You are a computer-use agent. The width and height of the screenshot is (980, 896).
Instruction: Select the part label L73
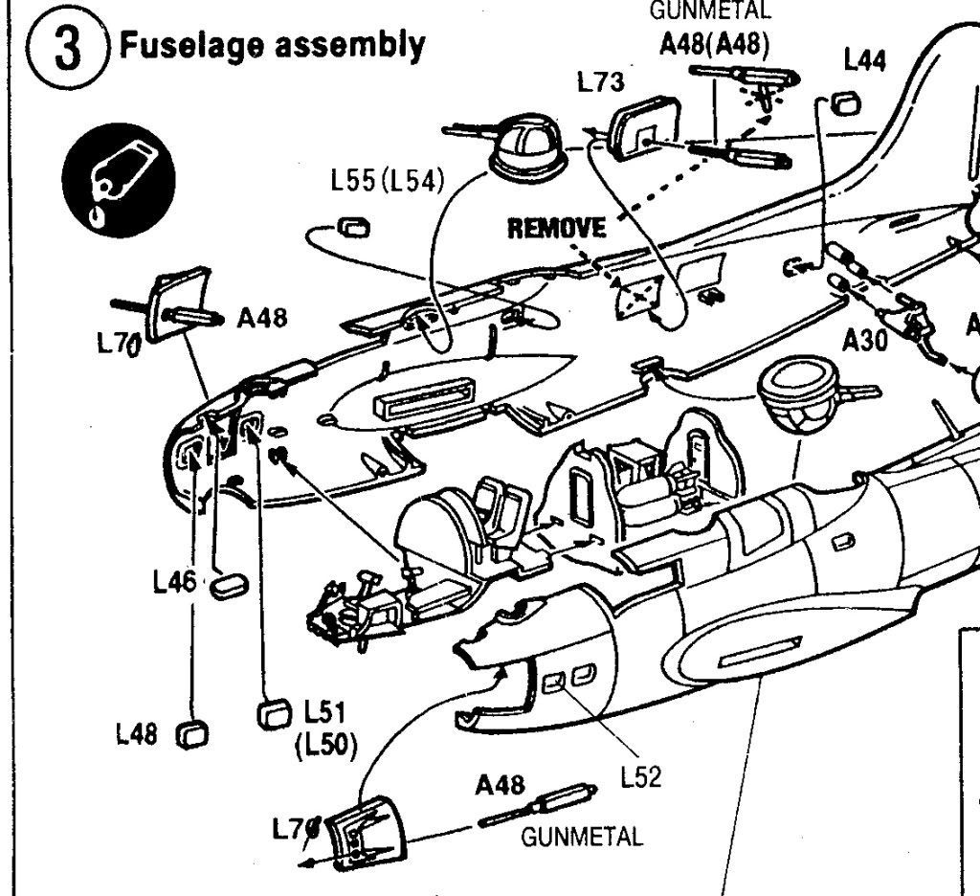(x=601, y=82)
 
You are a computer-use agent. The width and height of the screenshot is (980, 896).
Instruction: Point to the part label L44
(x=865, y=61)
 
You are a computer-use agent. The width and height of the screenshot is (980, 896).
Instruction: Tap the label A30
(x=865, y=340)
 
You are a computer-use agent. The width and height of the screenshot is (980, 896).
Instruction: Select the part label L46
(x=175, y=581)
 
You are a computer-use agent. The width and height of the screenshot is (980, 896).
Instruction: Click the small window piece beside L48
(x=192, y=735)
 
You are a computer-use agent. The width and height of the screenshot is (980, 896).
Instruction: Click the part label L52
(x=642, y=777)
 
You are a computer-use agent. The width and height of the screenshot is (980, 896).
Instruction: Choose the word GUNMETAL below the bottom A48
(x=582, y=837)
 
